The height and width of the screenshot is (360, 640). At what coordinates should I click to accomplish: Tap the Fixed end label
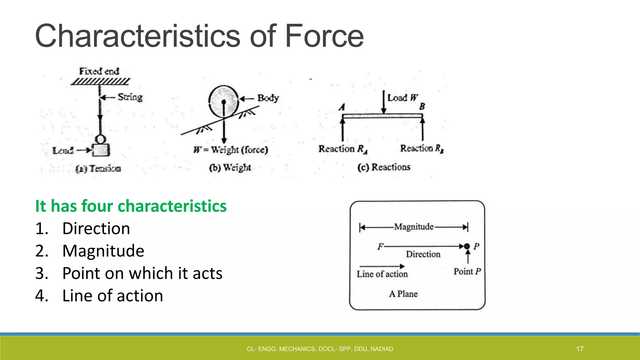99,71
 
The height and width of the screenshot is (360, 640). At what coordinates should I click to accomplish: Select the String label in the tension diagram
130,97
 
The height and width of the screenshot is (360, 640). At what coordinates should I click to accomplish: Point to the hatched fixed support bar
100,82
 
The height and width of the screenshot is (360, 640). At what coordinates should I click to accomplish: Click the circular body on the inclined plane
223,101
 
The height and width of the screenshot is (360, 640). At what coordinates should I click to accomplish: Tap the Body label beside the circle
268,98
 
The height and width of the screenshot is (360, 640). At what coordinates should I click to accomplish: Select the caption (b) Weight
230,168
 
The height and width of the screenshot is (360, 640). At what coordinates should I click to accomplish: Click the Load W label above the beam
402,98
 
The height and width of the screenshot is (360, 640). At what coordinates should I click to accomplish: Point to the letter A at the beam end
342,107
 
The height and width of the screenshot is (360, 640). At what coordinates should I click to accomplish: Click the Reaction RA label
343,149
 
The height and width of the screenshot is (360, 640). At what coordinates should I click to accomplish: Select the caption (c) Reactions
384,167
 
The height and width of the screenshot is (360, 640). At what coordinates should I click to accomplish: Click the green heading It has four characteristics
131,206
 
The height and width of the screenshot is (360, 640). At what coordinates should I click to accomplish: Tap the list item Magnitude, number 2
103,251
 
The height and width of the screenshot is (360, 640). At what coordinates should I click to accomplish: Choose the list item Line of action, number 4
112,296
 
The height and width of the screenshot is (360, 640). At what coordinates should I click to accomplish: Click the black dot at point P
467,246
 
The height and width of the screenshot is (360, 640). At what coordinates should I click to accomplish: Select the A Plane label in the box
403,294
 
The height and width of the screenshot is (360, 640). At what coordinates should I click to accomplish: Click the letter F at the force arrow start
380,247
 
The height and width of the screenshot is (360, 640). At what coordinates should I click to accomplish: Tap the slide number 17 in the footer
580,349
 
